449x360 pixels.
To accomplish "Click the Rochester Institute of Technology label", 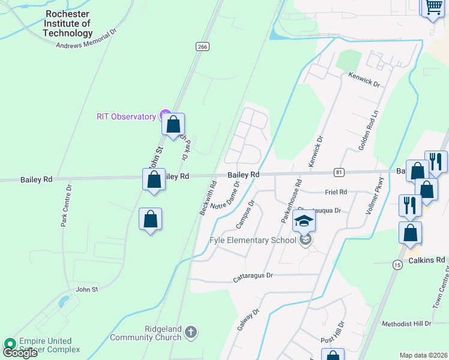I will point(68,23).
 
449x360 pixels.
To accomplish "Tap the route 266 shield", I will point(202,46).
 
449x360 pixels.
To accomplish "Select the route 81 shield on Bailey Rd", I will point(340,173).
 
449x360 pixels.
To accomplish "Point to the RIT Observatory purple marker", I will point(164,116).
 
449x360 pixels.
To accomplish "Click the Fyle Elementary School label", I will point(253,241).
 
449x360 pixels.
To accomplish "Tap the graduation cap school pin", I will point(304,221).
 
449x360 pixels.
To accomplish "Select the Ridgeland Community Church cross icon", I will point(190,332).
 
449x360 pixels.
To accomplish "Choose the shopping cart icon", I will point(434,8).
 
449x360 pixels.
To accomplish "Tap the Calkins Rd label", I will point(428,260).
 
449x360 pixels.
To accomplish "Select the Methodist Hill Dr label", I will point(406,323).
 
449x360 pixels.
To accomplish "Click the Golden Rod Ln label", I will point(367,139).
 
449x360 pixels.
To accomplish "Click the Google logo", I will point(20,353).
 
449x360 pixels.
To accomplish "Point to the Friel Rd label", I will point(336,192).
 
